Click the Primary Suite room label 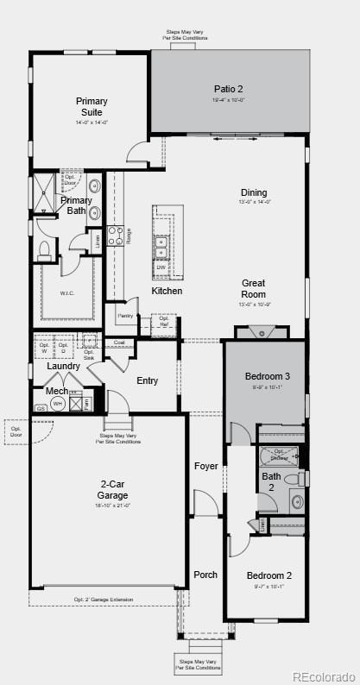92,106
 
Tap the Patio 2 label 229,89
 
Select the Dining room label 254,192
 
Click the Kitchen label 167,291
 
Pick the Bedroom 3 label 268,376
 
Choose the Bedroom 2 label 268,575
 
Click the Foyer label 206,466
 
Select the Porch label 205,575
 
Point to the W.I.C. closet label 67,292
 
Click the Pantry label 126,316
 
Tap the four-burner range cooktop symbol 115,236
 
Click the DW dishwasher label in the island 161,267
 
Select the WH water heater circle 58,403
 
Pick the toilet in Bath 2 293,479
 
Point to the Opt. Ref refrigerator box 164,321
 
